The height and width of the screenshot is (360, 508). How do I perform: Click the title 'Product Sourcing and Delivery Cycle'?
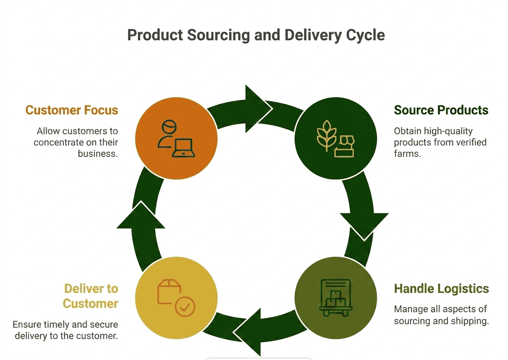(x=256, y=35)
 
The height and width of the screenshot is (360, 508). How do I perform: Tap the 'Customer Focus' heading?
(x=72, y=110)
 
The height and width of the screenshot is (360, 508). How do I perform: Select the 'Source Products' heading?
(x=441, y=110)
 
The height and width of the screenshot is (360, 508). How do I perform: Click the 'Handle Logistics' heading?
(x=441, y=289)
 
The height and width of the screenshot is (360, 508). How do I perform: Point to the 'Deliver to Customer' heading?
(x=91, y=296)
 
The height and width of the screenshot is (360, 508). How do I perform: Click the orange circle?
(x=177, y=138)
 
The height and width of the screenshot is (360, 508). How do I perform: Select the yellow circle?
(x=177, y=298)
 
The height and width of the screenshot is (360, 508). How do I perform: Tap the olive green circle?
(x=336, y=298)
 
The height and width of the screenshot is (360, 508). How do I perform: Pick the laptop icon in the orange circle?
(x=184, y=148)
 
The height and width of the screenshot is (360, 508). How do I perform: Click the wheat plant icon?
(x=326, y=135)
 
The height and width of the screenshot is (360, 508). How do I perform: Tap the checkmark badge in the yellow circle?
(x=185, y=307)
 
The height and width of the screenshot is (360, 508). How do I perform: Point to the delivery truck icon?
(x=336, y=298)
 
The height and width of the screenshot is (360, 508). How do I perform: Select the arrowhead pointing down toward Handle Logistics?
(x=364, y=226)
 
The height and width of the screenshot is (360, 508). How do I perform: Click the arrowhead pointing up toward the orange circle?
(x=141, y=216)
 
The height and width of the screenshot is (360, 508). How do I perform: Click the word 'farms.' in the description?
(x=407, y=154)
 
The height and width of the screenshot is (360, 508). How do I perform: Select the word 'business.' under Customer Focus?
(x=98, y=154)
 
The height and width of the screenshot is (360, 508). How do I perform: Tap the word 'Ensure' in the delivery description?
(x=27, y=325)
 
